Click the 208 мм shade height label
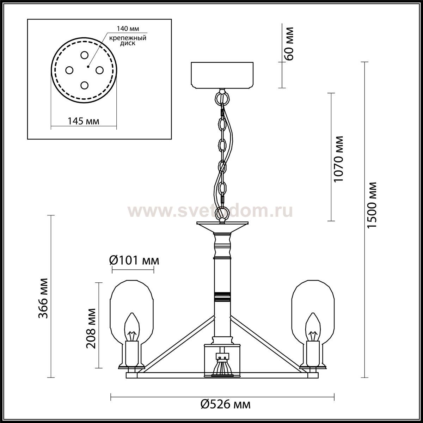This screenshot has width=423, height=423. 91,329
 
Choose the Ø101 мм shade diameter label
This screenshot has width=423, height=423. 134,260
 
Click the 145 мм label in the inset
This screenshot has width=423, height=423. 83,121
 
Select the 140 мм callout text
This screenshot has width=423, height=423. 128,29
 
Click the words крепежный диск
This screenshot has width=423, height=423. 128,41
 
